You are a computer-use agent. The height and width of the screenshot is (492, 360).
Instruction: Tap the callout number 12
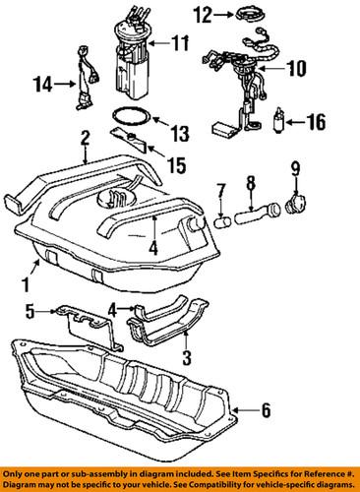(203, 14)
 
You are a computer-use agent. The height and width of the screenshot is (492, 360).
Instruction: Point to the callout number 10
(295, 69)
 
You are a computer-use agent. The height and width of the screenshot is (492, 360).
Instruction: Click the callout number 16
(317, 124)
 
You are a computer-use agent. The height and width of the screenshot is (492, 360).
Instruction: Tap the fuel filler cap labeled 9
(292, 209)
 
